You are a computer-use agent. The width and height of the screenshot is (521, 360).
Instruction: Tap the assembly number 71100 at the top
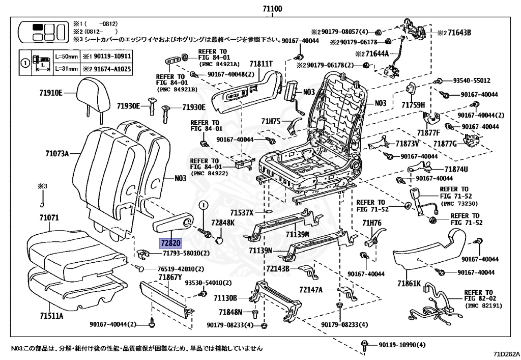tap(273, 9)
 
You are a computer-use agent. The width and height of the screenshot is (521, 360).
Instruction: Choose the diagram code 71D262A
tap(506, 353)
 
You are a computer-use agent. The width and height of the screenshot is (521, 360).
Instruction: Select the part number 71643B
tap(457, 33)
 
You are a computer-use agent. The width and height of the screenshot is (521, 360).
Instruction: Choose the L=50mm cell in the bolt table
tap(66, 56)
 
